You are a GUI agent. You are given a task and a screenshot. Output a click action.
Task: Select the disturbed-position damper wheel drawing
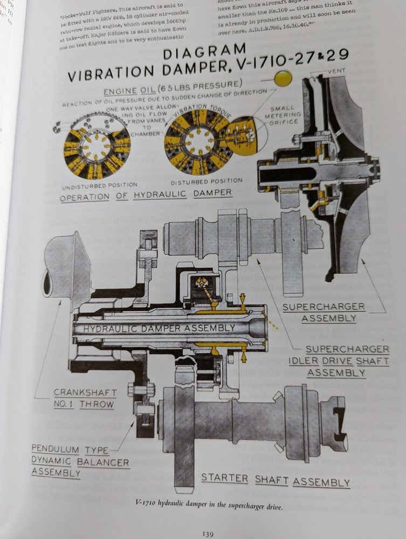[196, 142]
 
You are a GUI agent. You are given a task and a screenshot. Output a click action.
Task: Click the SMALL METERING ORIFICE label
[284, 115]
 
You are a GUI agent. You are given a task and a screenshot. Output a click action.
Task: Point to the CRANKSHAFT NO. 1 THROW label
[84, 398]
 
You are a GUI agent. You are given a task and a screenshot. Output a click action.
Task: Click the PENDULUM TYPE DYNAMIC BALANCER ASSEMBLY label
[80, 461]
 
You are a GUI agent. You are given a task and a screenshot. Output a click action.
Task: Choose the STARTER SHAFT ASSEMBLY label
[275, 480]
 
